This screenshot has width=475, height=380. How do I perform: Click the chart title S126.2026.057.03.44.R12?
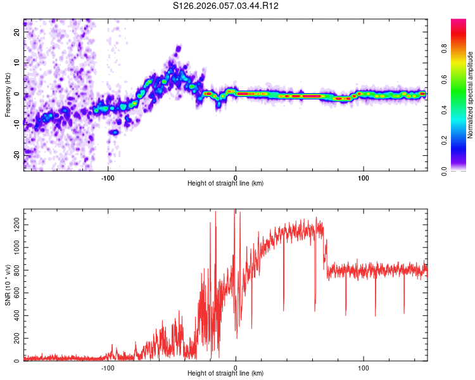tap(226, 6)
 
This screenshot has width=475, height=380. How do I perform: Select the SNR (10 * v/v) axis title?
tap(8, 286)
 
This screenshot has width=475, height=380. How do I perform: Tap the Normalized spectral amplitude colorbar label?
tap(471, 95)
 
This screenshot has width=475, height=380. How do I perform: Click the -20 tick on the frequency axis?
tap(16, 153)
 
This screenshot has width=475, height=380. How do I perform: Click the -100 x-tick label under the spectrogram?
tap(108, 177)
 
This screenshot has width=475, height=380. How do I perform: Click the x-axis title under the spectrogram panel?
tap(225, 184)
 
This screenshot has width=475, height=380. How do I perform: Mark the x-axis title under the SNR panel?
tap(225, 374)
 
